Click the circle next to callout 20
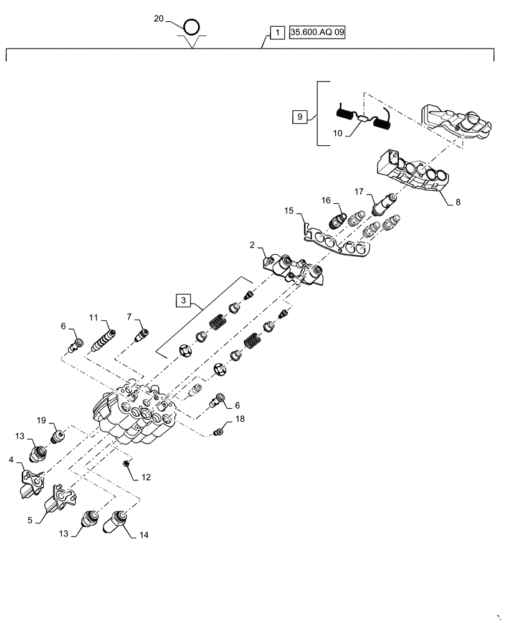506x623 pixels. click(x=192, y=27)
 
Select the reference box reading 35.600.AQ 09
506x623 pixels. click(x=316, y=32)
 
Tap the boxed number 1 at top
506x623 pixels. click(x=275, y=32)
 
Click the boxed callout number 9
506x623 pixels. click(x=299, y=117)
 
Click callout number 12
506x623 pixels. click(x=146, y=478)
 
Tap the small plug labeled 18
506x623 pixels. click(x=219, y=432)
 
